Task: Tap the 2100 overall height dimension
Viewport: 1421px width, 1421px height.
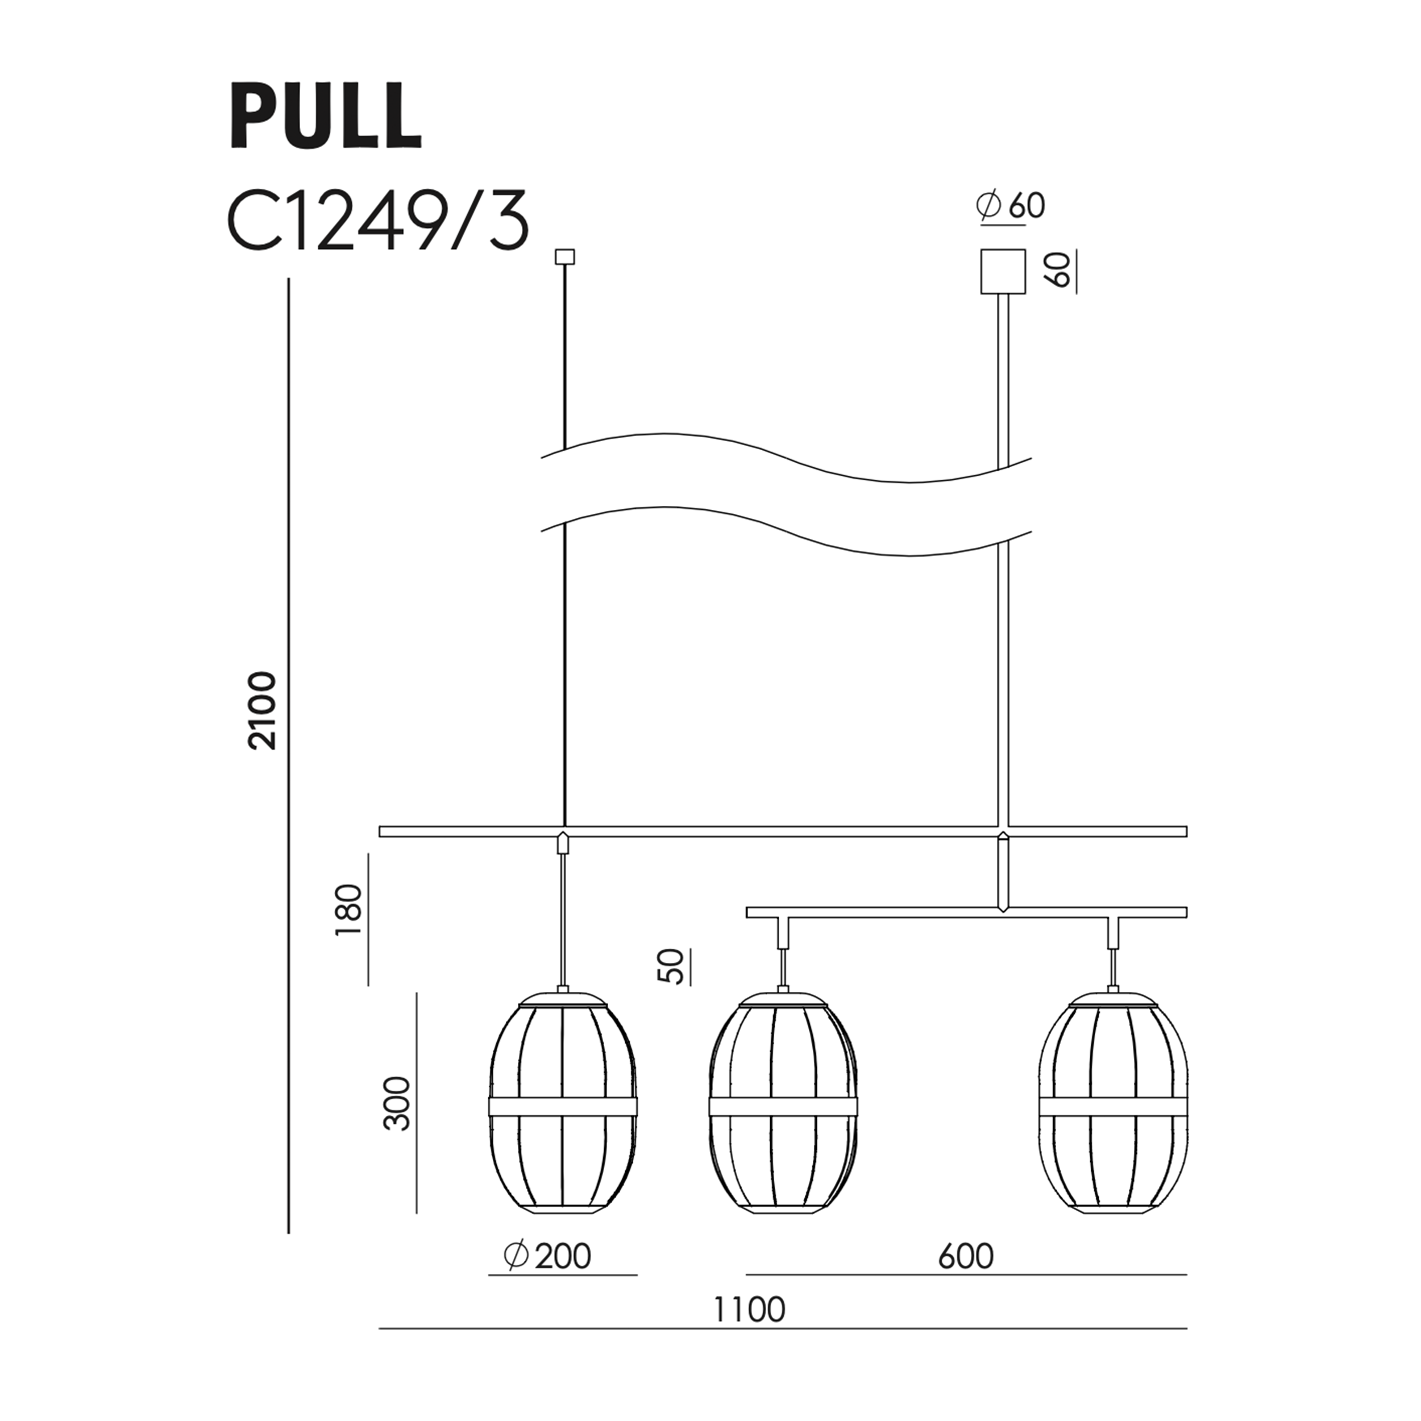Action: pyautogui.click(x=263, y=710)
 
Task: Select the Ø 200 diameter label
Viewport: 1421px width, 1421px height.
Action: pyautogui.click(x=547, y=1256)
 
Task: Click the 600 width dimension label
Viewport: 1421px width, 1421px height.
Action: pyautogui.click(x=966, y=1256)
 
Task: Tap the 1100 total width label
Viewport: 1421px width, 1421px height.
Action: pyautogui.click(x=750, y=1310)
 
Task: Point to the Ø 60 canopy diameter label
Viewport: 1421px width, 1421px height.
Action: pyautogui.click(x=1011, y=206)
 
